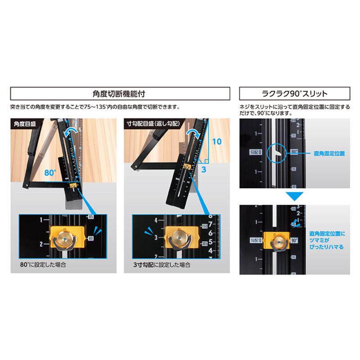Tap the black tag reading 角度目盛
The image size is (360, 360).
coord(26,123)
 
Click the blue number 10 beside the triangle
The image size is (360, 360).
coord(217,141)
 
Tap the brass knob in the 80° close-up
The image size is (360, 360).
coord(64,238)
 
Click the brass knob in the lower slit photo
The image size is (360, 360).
coord(279,242)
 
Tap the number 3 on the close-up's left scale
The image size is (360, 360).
coord(156,237)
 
